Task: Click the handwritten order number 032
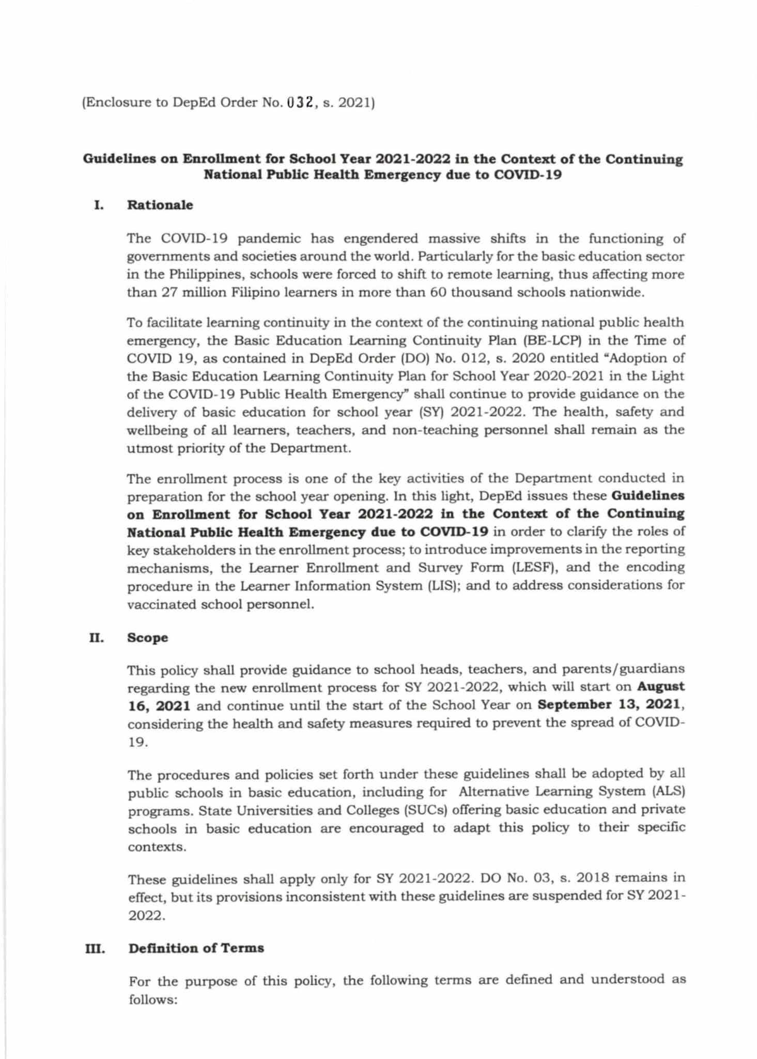point(299,102)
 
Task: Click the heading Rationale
point(160,205)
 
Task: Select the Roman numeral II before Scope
point(96,638)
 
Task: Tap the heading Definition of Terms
point(196,948)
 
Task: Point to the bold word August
point(661,687)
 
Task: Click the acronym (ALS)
point(668,791)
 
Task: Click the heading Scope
point(147,638)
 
